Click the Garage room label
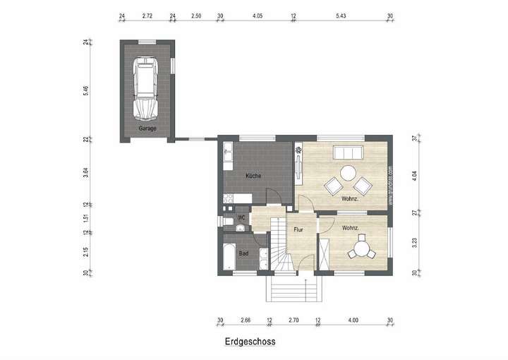tap(147, 128)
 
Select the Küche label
tap(254, 175)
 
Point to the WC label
tap(241, 217)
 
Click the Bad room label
tap(243, 252)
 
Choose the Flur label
tap(298, 229)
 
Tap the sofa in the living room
tap(348, 153)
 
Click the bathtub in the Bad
tap(229, 256)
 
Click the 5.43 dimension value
tap(341, 15)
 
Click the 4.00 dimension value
tap(353, 320)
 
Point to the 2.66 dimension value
tap(245, 320)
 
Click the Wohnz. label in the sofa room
tap(351, 199)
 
